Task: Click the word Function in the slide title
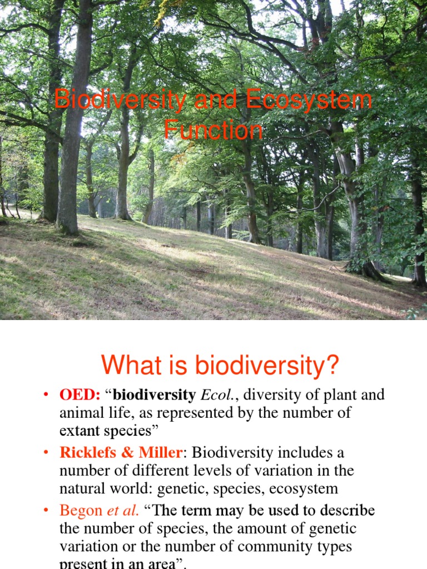213,131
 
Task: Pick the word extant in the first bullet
80,431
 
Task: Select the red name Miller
158,452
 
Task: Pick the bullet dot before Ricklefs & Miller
47,453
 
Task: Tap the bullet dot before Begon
47,511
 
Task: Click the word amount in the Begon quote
226,528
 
